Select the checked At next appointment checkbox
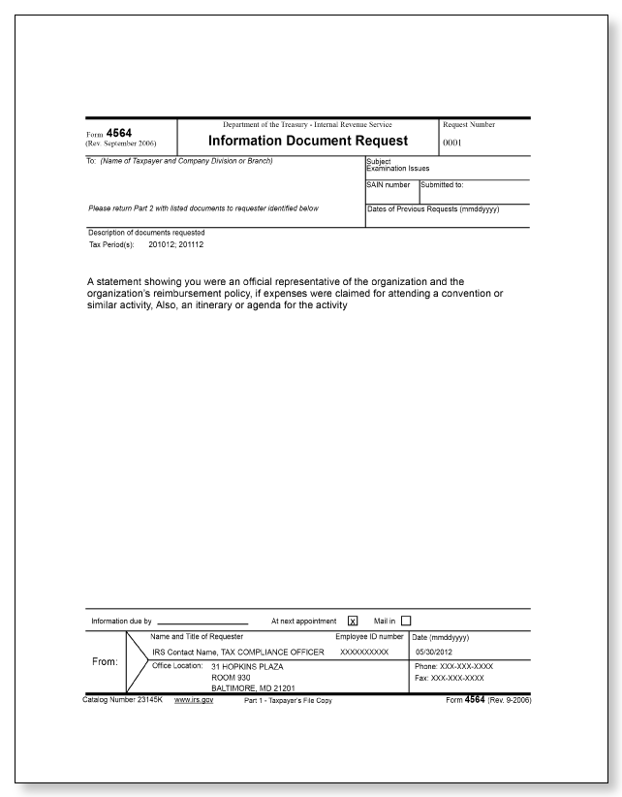click(352, 621)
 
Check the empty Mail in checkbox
click(406, 621)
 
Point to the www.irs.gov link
click(194, 700)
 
